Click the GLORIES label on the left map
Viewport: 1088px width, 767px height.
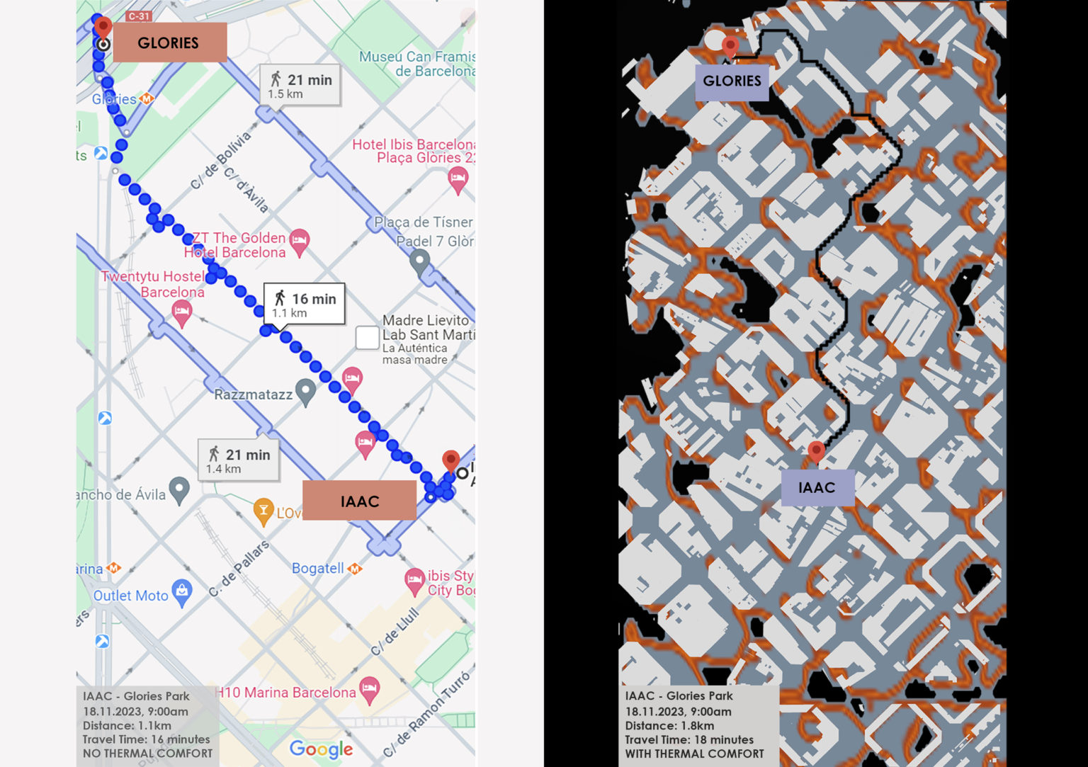point(169,42)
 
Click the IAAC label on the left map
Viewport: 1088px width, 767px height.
point(359,501)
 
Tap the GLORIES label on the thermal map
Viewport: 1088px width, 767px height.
point(732,81)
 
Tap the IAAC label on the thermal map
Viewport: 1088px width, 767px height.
point(817,487)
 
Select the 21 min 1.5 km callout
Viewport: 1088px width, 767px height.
point(300,86)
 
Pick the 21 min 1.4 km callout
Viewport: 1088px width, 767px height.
point(238,460)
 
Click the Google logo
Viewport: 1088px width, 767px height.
point(321,749)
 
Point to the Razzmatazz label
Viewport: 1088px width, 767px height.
point(253,394)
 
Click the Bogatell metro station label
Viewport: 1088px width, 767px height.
point(318,568)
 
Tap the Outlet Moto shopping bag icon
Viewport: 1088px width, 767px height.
point(182,591)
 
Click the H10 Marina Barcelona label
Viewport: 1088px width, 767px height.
point(286,692)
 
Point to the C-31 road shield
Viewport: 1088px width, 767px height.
point(139,16)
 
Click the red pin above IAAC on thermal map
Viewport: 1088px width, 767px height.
point(816,450)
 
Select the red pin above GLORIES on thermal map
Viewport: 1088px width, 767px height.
point(730,46)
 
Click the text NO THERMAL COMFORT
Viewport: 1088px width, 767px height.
point(147,754)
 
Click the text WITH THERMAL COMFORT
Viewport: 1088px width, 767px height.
point(694,754)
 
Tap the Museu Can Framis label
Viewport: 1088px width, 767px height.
point(416,64)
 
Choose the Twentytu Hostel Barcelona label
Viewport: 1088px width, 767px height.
point(154,284)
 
